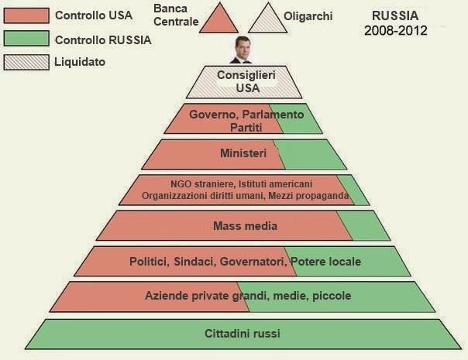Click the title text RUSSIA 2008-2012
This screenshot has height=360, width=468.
[x=395, y=23]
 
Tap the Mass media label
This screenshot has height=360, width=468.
[x=244, y=226]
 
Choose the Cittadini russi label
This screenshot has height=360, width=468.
[x=243, y=334]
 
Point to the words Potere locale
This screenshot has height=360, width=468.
[x=327, y=262]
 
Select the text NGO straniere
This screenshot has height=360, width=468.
[x=201, y=184]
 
